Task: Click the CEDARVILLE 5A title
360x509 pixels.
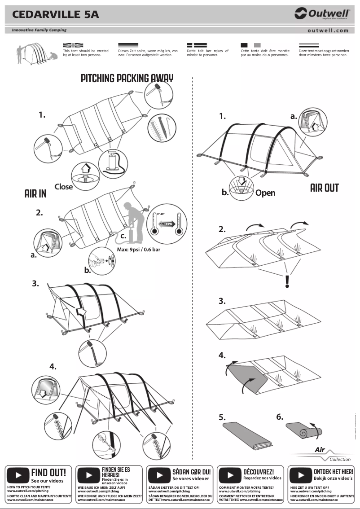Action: click(x=56, y=15)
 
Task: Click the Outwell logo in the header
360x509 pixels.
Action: click(x=322, y=14)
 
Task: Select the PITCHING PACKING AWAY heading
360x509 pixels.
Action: click(x=127, y=78)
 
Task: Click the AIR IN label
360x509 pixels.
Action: click(x=35, y=193)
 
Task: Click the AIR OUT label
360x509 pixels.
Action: click(x=324, y=188)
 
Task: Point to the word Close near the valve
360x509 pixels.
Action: click(x=63, y=187)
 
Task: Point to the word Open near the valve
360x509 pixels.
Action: click(x=265, y=193)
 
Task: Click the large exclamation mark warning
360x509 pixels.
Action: click(x=287, y=281)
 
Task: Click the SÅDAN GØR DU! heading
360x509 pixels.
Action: click(x=191, y=472)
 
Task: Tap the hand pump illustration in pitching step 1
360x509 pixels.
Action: click(x=111, y=162)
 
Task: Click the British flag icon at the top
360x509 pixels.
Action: click(x=73, y=45)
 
